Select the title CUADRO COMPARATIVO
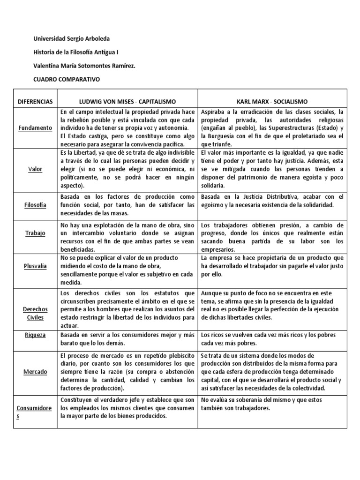tap(67, 79)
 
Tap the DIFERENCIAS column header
tap(35, 101)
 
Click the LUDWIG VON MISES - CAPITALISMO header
tap(127, 101)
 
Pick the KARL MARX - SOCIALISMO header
tap(272, 101)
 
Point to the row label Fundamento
tap(35, 128)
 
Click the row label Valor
tap(35, 169)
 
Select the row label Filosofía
tap(35, 205)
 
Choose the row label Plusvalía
tap(35, 266)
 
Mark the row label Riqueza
tap(35, 335)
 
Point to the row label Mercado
tap(35, 372)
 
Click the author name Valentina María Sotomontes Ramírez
tap(85, 66)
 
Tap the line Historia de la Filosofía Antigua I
tap(76, 52)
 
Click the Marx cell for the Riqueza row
tap(272, 338)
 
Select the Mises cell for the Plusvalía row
tap(127, 270)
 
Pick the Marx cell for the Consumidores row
tap(272, 404)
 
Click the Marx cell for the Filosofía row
tap(272, 201)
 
